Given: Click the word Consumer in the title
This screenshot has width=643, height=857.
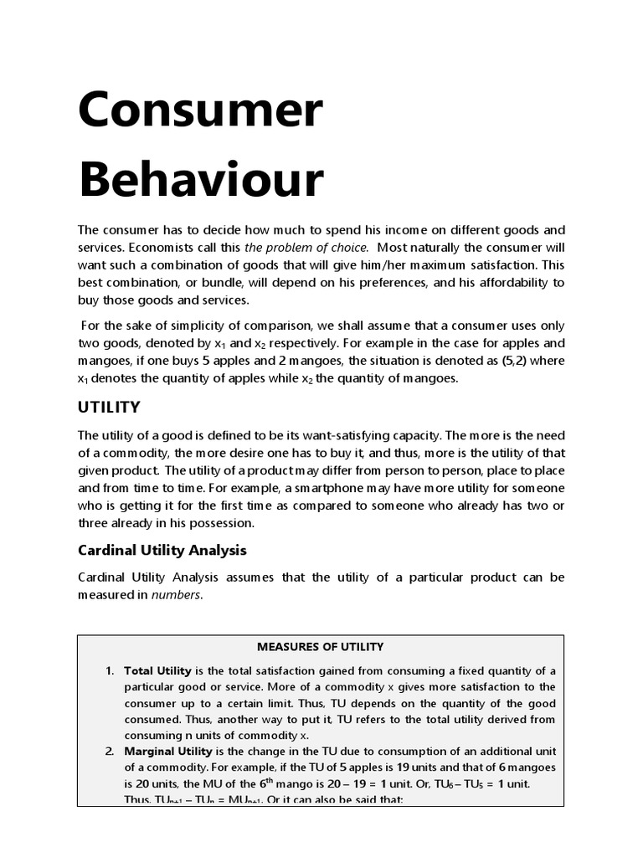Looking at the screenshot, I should click(200, 110).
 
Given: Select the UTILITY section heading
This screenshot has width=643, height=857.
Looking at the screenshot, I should click(109, 408).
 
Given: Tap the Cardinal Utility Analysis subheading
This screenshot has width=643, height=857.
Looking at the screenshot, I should click(162, 550).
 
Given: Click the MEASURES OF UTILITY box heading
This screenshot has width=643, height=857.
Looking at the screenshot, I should click(320, 647).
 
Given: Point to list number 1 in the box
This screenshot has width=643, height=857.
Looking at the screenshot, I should click(110, 671).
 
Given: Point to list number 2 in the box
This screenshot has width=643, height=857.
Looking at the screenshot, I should click(110, 752).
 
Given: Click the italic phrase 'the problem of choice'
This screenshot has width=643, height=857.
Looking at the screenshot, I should click(306, 248).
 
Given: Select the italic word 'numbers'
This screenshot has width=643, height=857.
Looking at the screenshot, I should click(176, 596).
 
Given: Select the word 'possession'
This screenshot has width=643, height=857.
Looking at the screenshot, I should click(223, 523).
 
